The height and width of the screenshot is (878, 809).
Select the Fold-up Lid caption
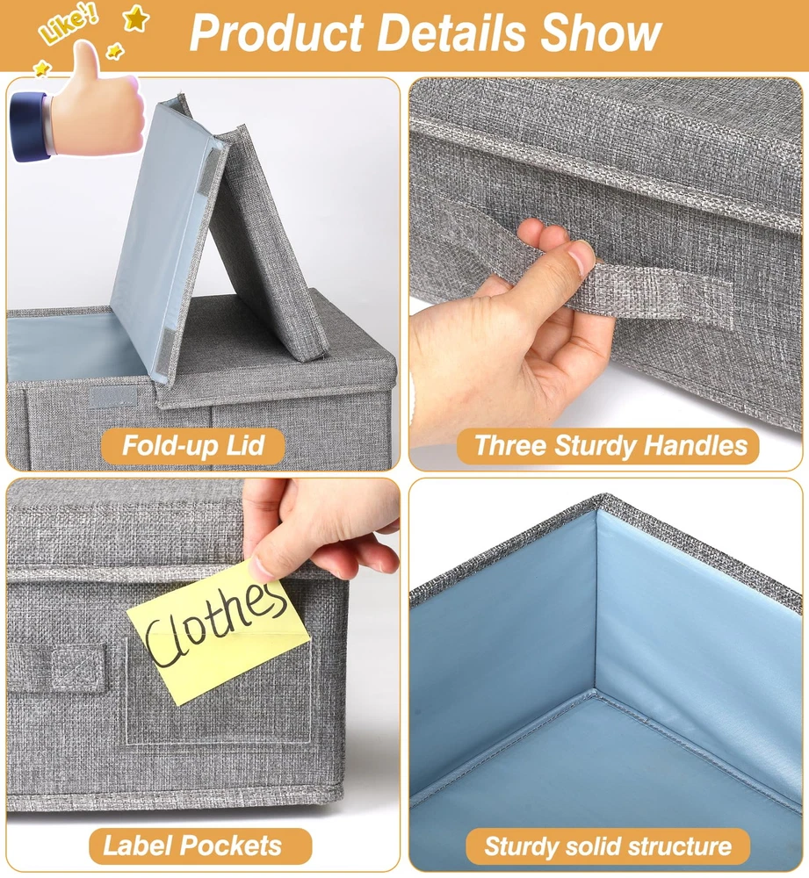192,446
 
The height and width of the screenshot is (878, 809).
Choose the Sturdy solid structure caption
608,846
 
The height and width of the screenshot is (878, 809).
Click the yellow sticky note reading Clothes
219,630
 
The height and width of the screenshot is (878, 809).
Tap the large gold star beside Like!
136,18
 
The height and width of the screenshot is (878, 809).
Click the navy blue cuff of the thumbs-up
29,127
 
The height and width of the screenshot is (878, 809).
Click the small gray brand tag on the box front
112,397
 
